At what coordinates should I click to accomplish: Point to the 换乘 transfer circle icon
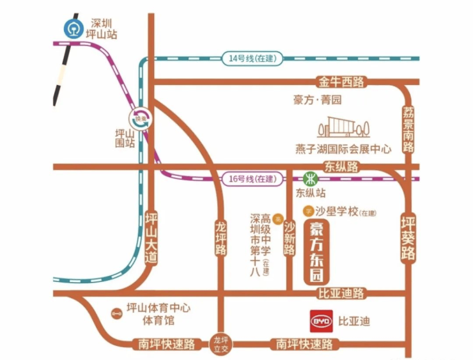tap(141, 118)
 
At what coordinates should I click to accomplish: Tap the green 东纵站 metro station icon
tap(310, 177)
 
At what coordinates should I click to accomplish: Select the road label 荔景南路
tap(408, 128)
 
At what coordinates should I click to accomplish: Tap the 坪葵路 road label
tap(408, 237)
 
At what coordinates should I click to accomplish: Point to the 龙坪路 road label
tap(221, 239)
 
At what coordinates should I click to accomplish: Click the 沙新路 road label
tap(289, 237)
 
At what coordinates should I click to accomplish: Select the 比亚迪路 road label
tap(341, 293)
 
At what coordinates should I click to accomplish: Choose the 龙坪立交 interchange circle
tap(221, 343)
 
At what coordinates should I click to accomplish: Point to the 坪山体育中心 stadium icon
tap(116, 313)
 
